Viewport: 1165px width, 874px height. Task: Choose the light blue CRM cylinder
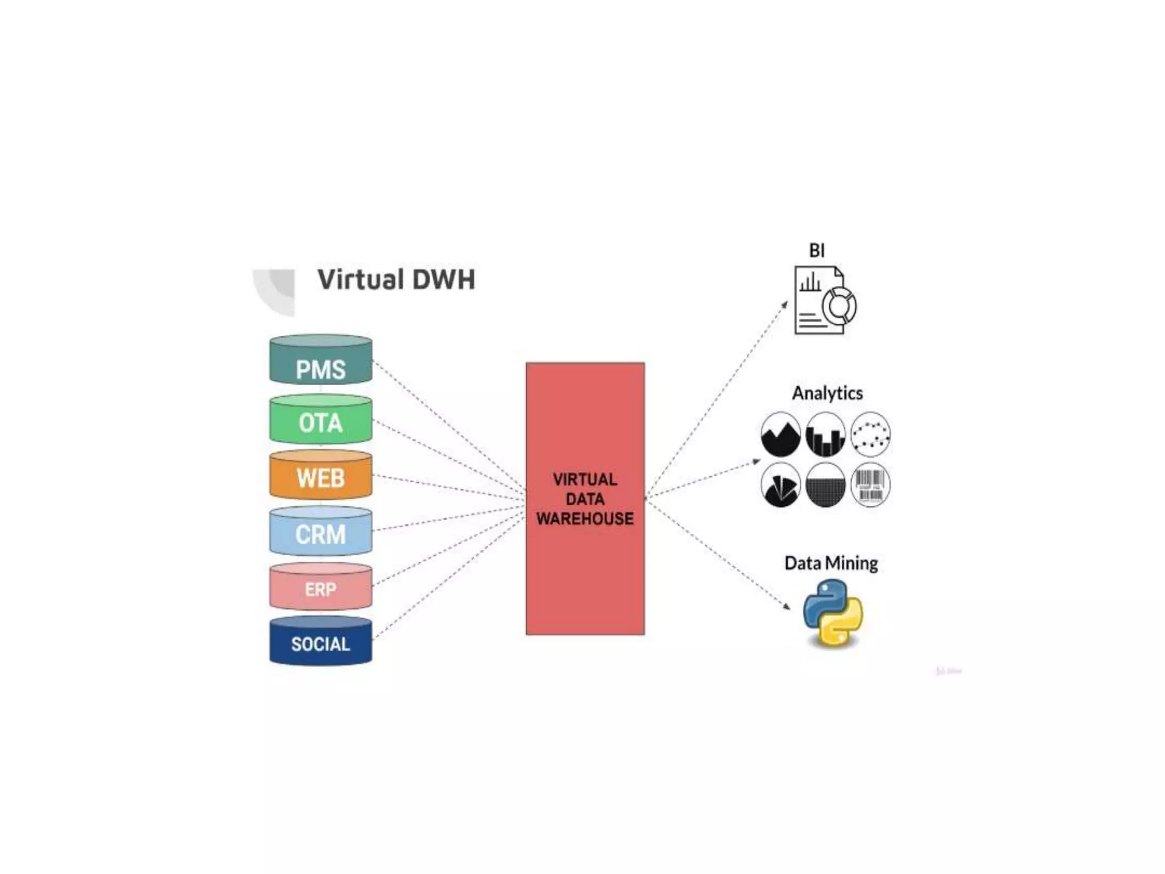point(320,531)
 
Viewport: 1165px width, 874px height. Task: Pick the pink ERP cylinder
point(320,587)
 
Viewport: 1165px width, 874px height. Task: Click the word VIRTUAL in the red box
point(585,479)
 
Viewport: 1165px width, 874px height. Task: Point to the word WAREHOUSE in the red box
point(585,518)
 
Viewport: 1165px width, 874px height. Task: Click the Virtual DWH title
point(396,279)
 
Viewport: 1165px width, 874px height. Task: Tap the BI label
point(817,250)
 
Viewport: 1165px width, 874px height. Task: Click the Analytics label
point(827,393)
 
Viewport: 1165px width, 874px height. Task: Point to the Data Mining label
point(831,563)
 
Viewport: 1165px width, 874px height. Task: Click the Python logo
point(833,613)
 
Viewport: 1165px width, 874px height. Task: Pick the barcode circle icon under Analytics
point(870,485)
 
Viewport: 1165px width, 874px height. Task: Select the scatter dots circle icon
point(870,434)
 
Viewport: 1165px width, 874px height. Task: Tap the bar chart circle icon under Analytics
point(825,435)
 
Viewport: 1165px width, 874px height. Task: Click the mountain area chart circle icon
point(780,435)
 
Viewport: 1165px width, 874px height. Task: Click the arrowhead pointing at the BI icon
point(785,304)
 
